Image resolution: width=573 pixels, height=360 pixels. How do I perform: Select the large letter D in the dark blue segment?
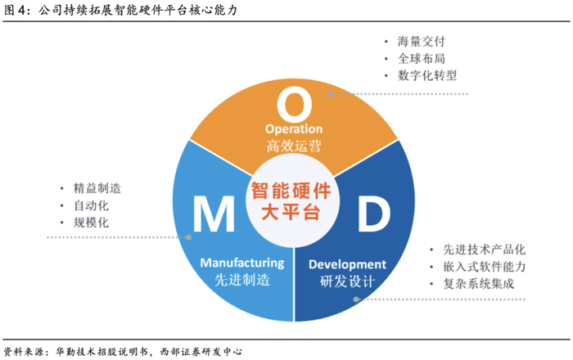[x=372, y=215]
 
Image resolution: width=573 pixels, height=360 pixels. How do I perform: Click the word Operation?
[x=294, y=129]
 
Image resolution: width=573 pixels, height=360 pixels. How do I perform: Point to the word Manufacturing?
[x=241, y=263]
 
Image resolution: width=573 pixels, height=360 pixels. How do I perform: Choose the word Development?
[x=347, y=263]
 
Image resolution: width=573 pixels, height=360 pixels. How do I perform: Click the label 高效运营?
[x=294, y=147]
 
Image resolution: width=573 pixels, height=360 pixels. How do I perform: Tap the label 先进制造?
[x=241, y=281]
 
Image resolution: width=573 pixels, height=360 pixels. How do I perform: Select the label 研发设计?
[x=347, y=282]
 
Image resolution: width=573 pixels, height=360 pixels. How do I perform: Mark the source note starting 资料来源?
[x=123, y=350]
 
